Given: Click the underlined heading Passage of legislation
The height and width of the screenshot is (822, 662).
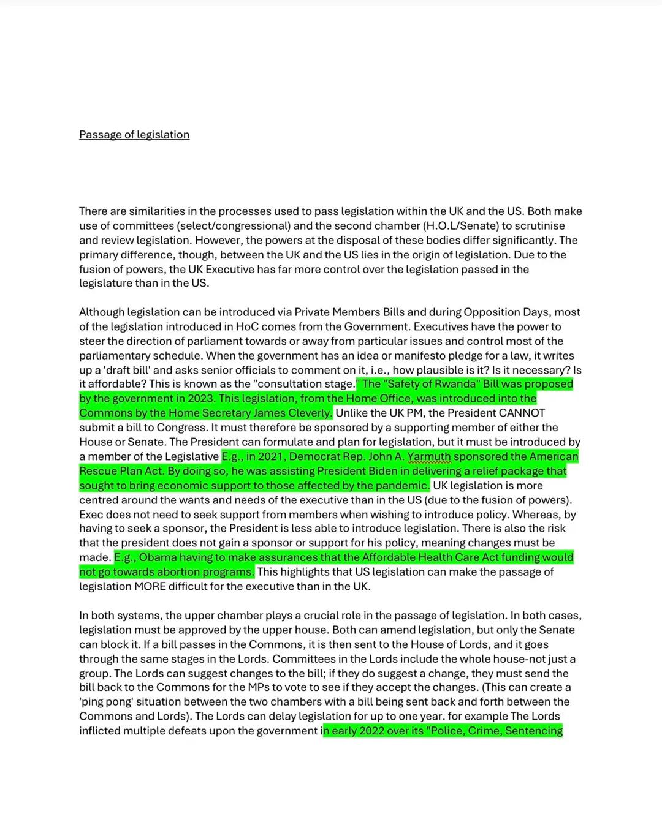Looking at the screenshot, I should click(134, 135).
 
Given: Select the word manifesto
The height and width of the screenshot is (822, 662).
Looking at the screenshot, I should click(425, 356).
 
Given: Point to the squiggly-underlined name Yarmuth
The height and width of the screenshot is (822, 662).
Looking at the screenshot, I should click(428, 457).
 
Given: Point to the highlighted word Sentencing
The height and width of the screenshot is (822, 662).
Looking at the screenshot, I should click(533, 731).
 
